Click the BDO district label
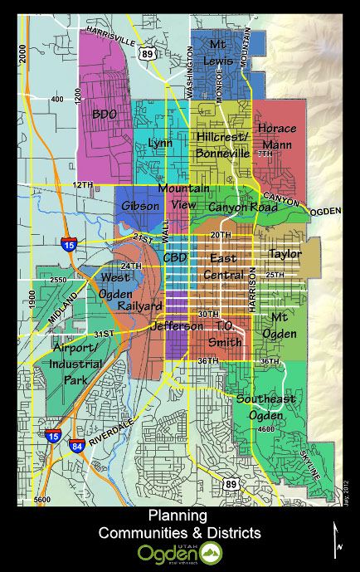coord(105,113)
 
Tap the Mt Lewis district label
coord(219,51)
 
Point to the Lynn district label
coord(160,143)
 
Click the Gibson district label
coord(139,206)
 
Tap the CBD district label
coord(175,258)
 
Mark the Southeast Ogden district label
coord(265,406)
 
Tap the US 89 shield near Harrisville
coord(148,52)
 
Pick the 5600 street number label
coord(40,499)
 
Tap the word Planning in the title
coord(178,516)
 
